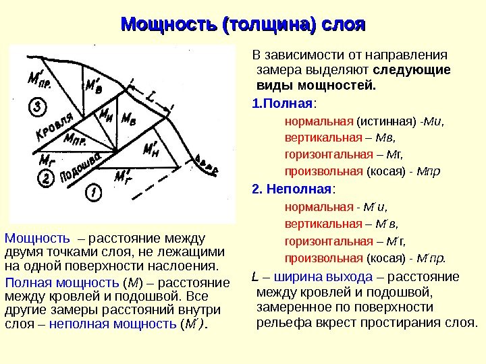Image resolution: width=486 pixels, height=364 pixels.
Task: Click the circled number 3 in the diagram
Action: click(38, 107)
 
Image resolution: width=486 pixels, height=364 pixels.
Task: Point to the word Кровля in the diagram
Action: click(53, 130)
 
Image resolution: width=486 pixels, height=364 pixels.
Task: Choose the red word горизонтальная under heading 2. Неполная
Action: click(322, 241)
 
